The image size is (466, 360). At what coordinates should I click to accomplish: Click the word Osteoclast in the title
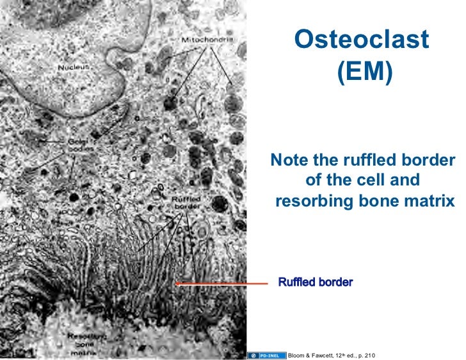pyautogui.click(x=361, y=40)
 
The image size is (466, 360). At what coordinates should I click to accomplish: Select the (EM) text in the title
pyautogui.click(x=362, y=71)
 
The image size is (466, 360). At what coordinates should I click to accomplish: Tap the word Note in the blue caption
pyautogui.click(x=292, y=159)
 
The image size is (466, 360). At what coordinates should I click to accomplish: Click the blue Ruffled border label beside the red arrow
pyautogui.click(x=315, y=282)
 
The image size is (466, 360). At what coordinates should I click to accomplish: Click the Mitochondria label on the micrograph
pyautogui.click(x=207, y=40)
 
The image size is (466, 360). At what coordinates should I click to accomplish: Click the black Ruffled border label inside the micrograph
pyautogui.click(x=186, y=203)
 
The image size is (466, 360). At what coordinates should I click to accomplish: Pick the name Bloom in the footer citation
pyautogui.click(x=300, y=355)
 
